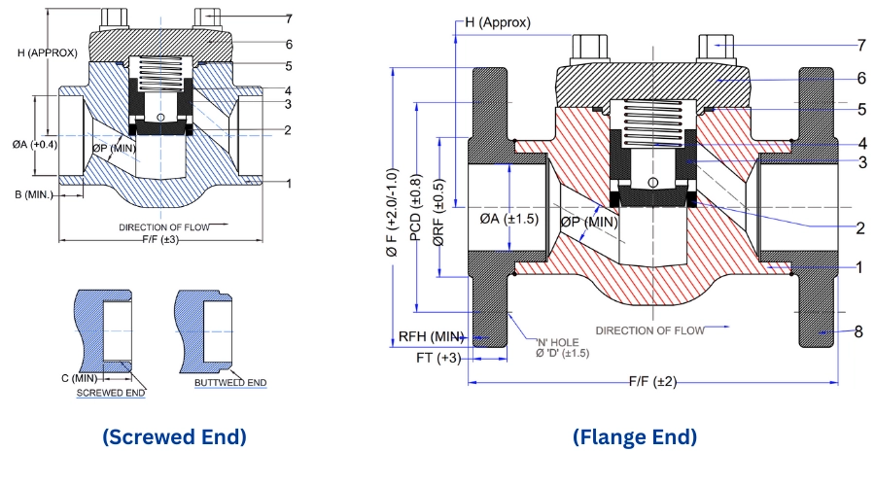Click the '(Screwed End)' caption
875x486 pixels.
pos(174,437)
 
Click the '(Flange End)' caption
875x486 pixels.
pos(635,437)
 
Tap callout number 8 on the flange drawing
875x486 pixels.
pos(858,331)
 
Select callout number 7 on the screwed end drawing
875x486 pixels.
pos(289,18)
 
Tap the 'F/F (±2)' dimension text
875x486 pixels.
pos(652,382)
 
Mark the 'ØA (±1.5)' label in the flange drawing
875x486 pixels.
pos(508,220)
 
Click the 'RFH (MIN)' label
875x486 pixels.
pos(429,336)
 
